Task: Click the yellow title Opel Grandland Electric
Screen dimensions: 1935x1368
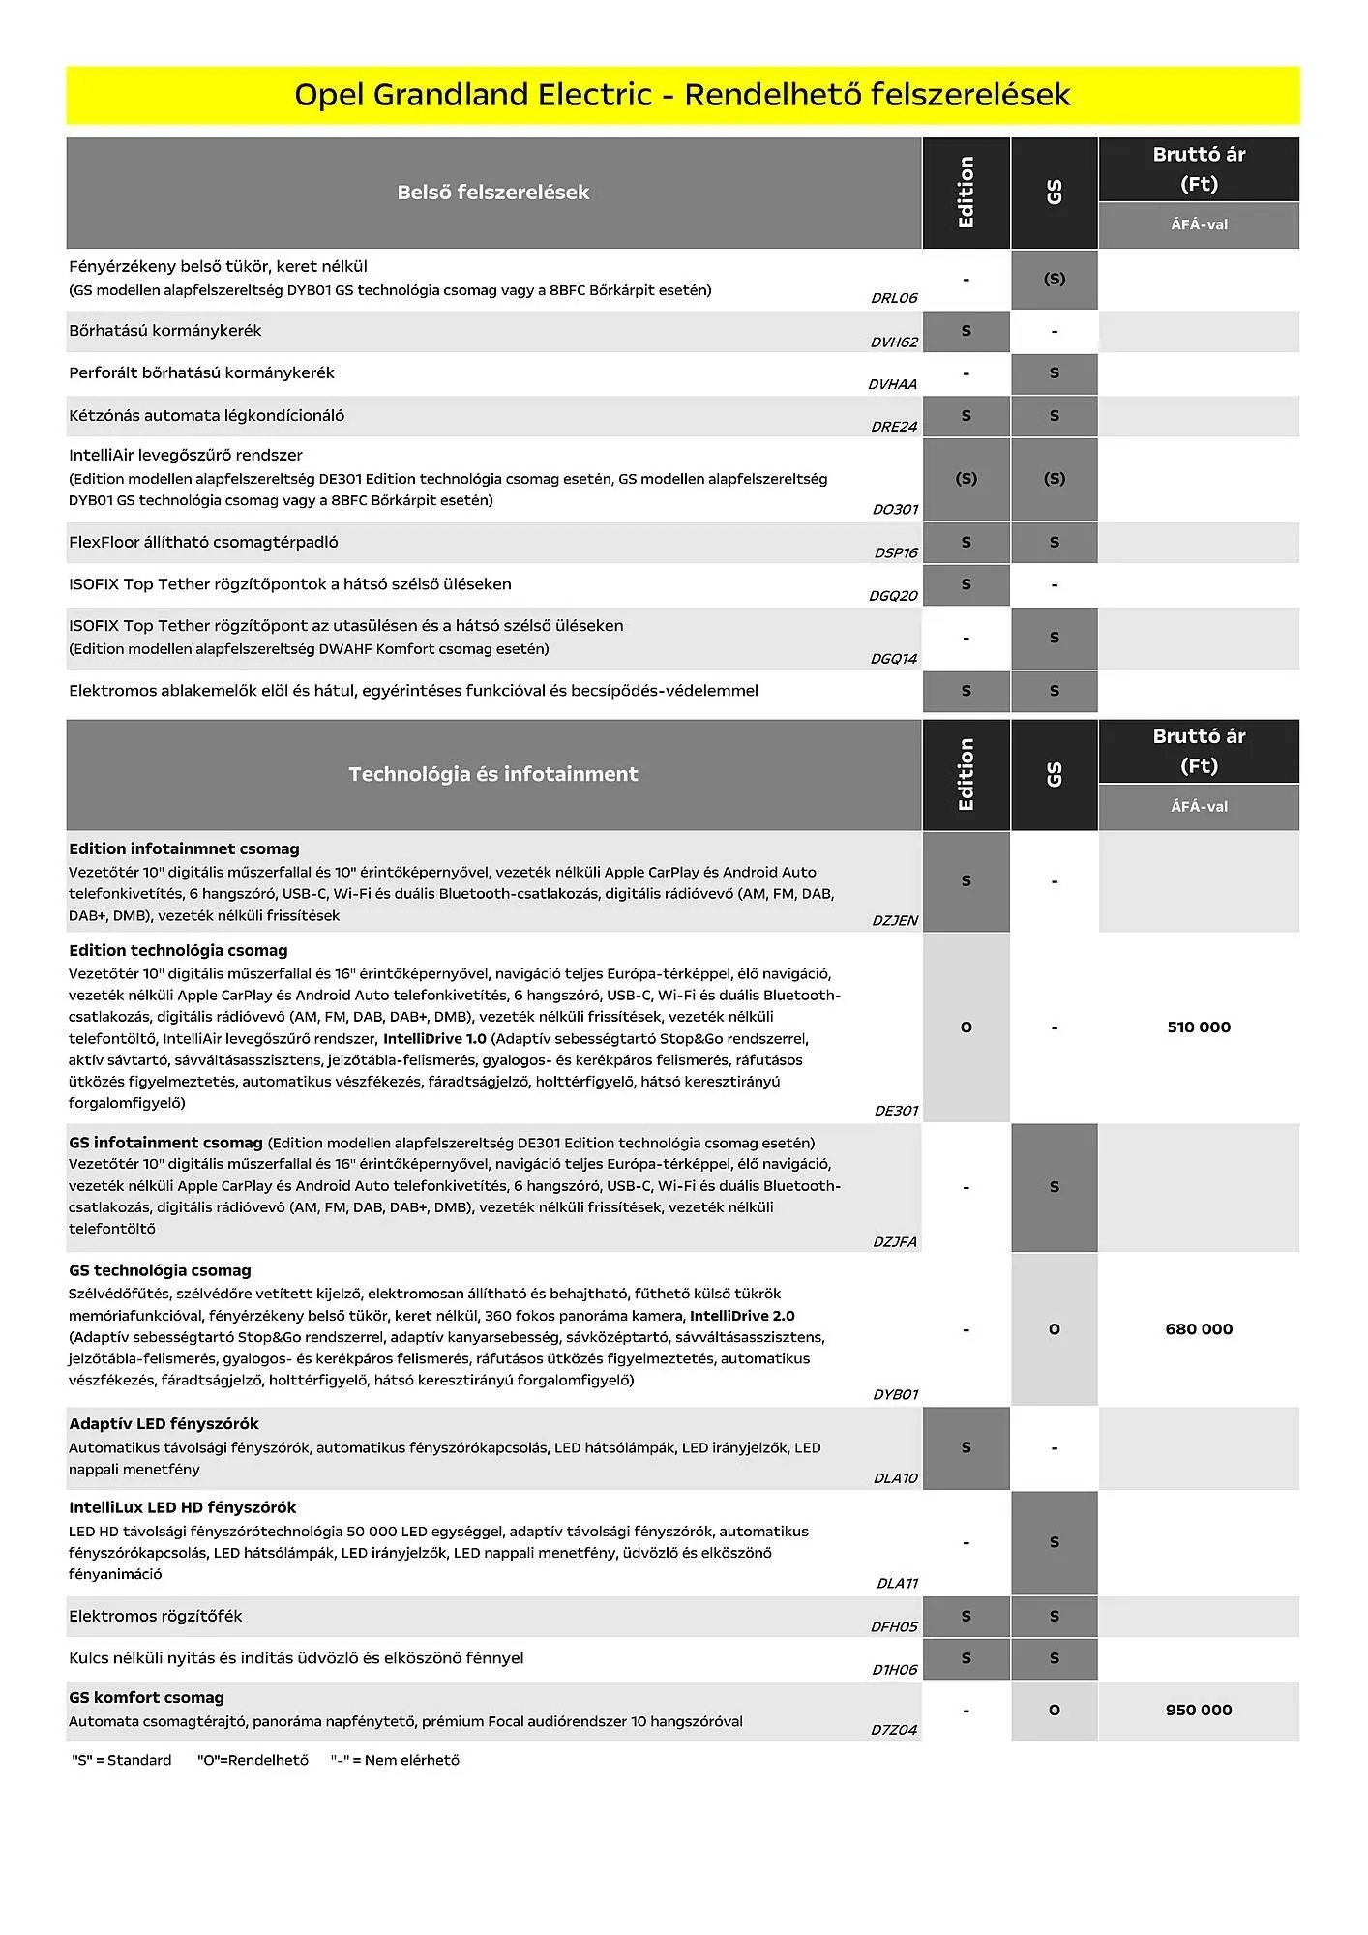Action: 682,95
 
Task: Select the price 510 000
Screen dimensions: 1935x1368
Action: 1198,1027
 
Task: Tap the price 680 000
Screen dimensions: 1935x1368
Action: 1198,1329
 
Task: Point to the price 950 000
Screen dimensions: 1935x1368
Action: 1198,1711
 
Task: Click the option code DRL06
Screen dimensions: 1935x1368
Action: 894,298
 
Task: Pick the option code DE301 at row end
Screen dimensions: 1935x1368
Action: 896,1111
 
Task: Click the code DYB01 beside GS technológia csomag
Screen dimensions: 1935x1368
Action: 895,1394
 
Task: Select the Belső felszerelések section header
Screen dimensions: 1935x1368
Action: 492,193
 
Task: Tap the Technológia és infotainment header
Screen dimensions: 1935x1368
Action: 492,774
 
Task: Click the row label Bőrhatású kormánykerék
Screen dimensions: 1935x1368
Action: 165,331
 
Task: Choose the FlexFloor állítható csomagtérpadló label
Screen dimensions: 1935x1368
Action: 203,543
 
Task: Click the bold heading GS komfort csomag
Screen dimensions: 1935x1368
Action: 146,1698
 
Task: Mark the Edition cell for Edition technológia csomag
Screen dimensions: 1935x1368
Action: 966,1027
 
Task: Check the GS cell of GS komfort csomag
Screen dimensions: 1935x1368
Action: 1054,1711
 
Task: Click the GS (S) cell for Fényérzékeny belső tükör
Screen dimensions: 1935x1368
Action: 1054,280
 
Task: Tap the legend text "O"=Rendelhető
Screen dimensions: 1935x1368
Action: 253,1760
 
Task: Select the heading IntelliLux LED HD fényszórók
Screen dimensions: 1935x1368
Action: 182,1507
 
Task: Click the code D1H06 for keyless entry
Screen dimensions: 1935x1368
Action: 894,1670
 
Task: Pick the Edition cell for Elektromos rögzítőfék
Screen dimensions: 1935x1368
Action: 966,1617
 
